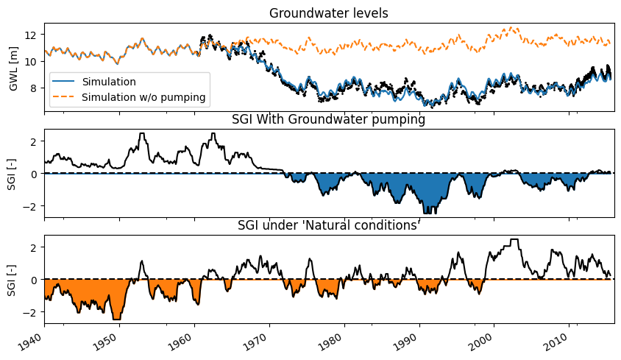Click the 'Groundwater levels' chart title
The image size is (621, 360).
328,13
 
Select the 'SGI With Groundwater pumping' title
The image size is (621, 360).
328,119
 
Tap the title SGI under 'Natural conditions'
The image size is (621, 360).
328,225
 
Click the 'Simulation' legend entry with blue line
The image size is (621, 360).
94,82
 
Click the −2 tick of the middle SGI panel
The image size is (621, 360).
32,207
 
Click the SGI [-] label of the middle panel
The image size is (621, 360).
12,173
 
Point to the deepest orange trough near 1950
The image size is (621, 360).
117,319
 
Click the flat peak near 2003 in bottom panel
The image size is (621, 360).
514,239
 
